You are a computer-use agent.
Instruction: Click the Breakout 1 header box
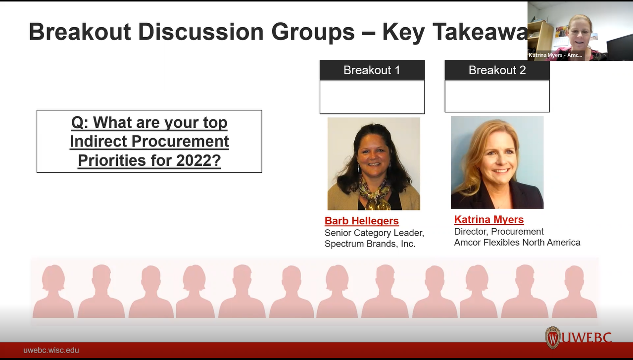pyautogui.click(x=372, y=70)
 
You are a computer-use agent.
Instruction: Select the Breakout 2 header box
pyautogui.click(x=497, y=70)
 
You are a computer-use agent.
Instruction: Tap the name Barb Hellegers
pyautogui.click(x=361, y=221)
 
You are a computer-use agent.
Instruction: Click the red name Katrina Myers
pyautogui.click(x=488, y=219)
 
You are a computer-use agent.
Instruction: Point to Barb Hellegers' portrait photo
pyautogui.click(x=374, y=163)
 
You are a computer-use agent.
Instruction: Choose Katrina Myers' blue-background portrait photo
pyautogui.click(x=497, y=162)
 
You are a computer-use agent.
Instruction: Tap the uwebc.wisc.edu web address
pyautogui.click(x=51, y=350)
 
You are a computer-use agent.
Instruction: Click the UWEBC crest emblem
pyautogui.click(x=552, y=338)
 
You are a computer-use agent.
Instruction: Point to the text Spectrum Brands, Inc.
pyautogui.click(x=370, y=244)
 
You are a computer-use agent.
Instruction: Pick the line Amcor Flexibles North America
pyautogui.click(x=517, y=242)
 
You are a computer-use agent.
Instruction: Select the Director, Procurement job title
pyautogui.click(x=499, y=231)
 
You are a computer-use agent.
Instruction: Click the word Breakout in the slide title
pyautogui.click(x=79, y=32)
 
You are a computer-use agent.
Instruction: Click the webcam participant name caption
pyautogui.click(x=555, y=55)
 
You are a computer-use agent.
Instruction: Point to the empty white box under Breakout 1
pyautogui.click(x=372, y=97)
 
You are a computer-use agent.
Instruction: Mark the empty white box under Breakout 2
pyautogui.click(x=497, y=96)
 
